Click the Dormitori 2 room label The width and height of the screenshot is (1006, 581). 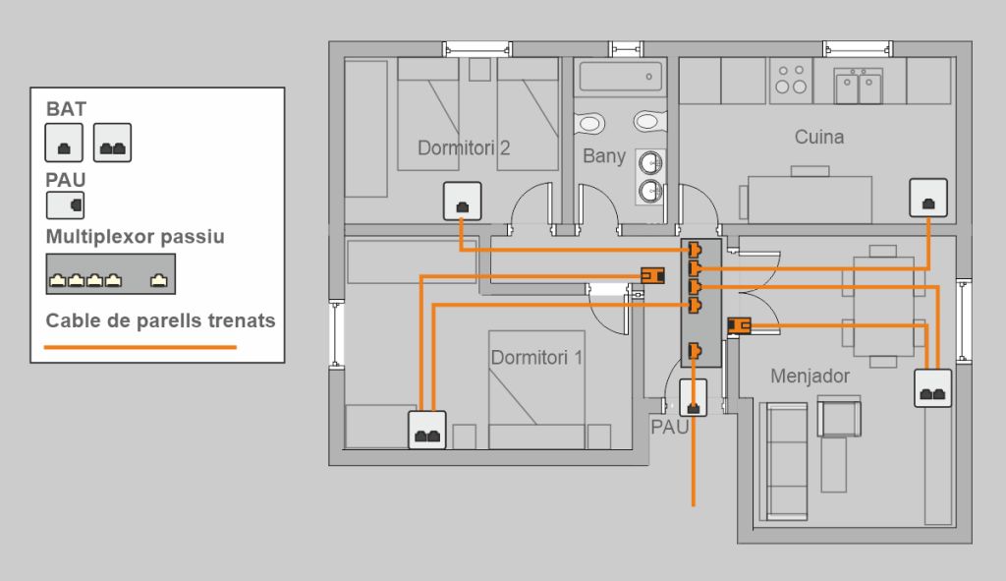tap(464, 148)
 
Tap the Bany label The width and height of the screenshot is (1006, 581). tap(603, 155)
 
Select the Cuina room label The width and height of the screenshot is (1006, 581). tap(818, 137)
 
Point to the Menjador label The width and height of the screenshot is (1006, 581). tap(810, 376)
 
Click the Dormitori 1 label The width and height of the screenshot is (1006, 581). tap(536, 358)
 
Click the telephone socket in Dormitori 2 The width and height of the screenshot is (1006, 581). tap(462, 202)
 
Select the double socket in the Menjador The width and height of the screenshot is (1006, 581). tap(933, 388)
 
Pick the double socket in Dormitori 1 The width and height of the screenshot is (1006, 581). tap(427, 430)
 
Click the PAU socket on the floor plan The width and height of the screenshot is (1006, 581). tap(694, 398)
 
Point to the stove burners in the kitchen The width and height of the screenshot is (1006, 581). tap(791, 79)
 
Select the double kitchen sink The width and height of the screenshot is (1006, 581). tap(858, 86)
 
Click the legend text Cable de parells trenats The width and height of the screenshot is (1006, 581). tap(160, 320)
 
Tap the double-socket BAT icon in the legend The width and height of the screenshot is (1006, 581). tap(112, 143)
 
